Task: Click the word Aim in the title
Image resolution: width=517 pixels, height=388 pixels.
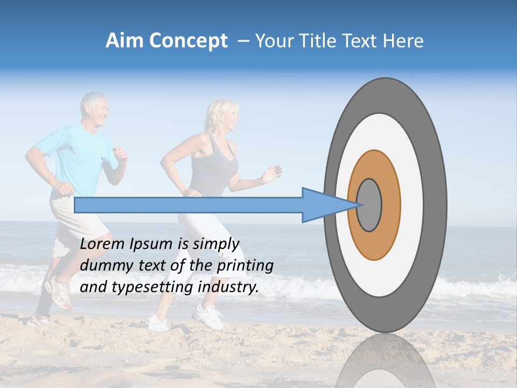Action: pos(123,41)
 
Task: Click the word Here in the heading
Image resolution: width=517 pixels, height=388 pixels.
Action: pos(405,41)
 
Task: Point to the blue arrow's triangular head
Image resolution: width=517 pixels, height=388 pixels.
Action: pos(323,205)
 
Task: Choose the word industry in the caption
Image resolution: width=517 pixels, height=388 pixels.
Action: pos(228,287)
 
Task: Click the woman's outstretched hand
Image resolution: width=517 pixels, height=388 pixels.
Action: pos(272,174)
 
